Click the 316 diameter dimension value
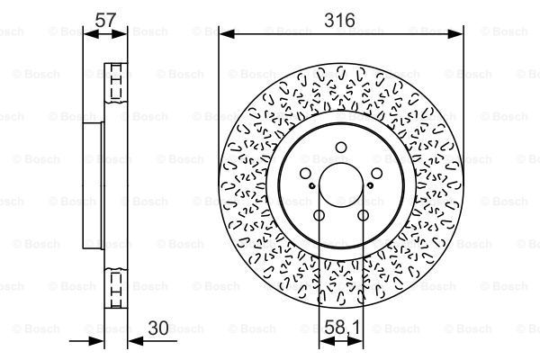pyautogui.click(x=340, y=20)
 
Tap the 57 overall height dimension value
pyautogui.click(x=106, y=20)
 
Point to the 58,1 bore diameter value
pyautogui.click(x=339, y=330)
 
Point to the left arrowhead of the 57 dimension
pyautogui.click(x=86, y=34)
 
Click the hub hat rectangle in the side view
pyautogui.click(x=94, y=186)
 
